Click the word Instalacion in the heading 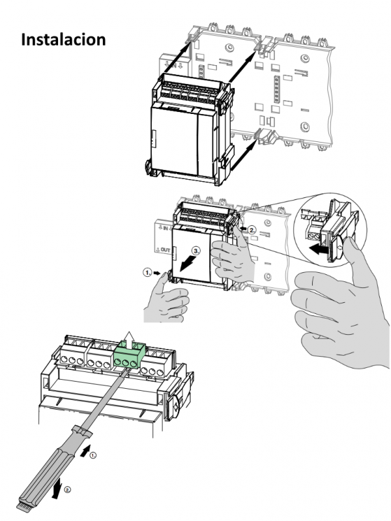coord(64,38)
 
